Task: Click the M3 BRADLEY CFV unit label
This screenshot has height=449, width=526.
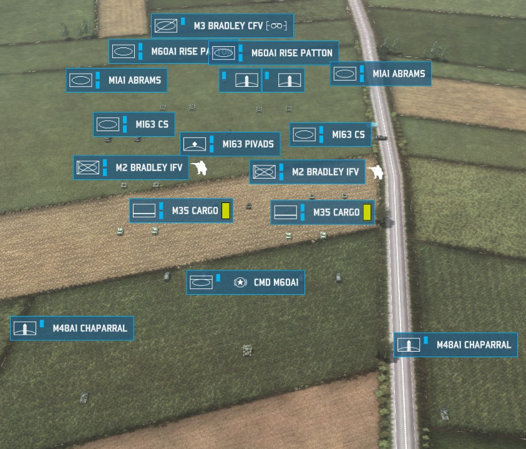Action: pyautogui.click(x=222, y=26)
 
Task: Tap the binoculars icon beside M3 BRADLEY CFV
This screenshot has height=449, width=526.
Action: pyautogui.click(x=276, y=26)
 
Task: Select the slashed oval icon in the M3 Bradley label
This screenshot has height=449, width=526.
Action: pyautogui.click(x=166, y=26)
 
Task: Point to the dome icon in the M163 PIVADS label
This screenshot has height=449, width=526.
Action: pyautogui.click(x=196, y=144)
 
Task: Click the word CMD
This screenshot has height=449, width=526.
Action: pyautogui.click(x=261, y=283)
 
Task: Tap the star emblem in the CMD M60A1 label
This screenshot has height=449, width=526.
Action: pyautogui.click(x=240, y=283)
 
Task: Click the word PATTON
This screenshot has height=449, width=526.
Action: pyautogui.click(x=316, y=53)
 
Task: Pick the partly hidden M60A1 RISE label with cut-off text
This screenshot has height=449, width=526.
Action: pyautogui.click(x=159, y=51)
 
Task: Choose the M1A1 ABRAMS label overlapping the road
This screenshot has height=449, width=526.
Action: pyautogui.click(x=381, y=74)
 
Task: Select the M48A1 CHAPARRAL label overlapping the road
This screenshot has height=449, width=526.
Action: pyautogui.click(x=455, y=345)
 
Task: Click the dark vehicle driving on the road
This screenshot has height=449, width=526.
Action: pyautogui.click(x=381, y=137)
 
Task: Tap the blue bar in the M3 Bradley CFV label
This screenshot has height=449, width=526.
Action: pyautogui.click(x=183, y=22)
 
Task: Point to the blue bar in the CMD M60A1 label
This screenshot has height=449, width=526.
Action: pyautogui.click(x=218, y=277)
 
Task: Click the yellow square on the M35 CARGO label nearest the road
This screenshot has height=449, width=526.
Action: pyautogui.click(x=367, y=212)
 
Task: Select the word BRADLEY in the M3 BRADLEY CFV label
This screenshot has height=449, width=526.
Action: pyautogui.click(x=226, y=26)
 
